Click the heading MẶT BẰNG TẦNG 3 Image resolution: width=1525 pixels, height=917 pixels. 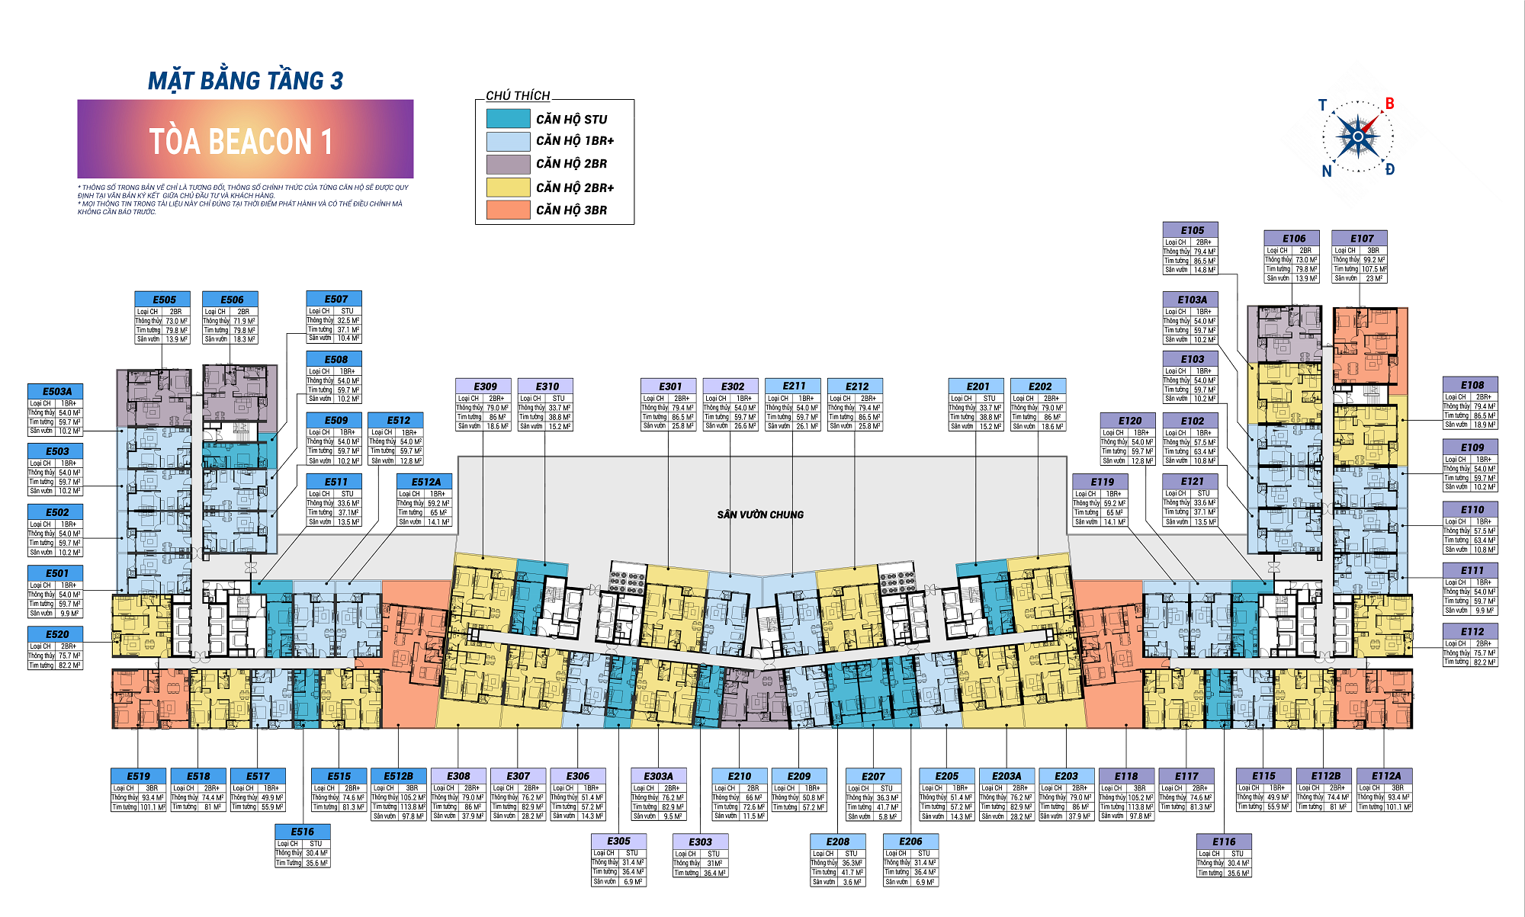coord(246,81)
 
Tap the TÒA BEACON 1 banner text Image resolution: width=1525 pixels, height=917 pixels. coord(241,142)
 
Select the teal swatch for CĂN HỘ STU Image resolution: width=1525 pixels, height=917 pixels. coord(508,119)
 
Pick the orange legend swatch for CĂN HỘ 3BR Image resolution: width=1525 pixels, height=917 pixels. coord(508,210)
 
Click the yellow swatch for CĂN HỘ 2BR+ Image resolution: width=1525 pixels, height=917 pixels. coord(508,187)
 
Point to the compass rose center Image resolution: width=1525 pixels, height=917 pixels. coord(1357,137)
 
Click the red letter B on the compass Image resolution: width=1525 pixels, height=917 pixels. coord(1389,104)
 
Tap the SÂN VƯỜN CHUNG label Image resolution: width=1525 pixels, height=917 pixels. coord(760,515)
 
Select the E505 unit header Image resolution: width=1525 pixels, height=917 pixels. coord(164,300)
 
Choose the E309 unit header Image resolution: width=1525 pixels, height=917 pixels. coord(485,386)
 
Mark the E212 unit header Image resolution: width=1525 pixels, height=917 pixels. coord(857,386)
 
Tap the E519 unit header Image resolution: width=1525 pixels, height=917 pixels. coord(139,776)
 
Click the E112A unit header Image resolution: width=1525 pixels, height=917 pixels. coord(1385,776)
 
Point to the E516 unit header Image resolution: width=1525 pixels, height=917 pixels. coord(303,832)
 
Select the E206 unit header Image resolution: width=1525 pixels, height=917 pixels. coord(910,842)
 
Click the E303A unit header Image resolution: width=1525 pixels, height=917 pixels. coord(659,776)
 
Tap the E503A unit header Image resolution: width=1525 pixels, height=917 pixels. coord(57,391)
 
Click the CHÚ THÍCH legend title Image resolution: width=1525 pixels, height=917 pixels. coord(518,95)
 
